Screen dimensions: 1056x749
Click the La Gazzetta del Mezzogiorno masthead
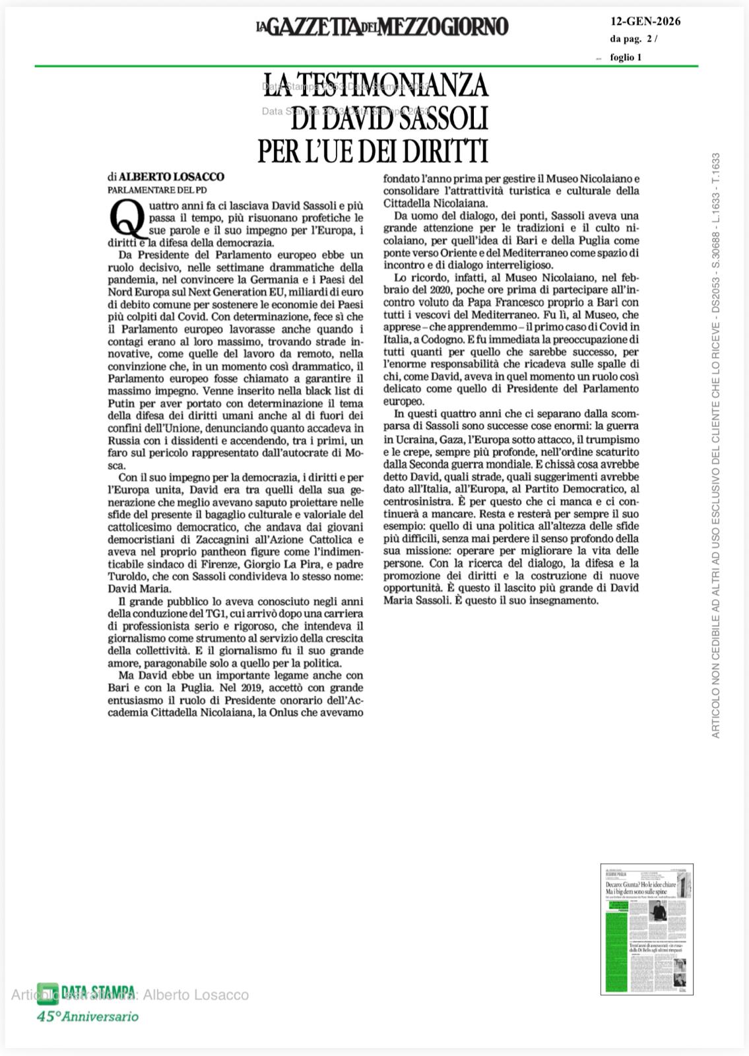point(382,27)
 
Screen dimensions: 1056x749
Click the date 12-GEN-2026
point(645,21)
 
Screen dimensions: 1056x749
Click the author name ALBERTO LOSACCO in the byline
point(172,177)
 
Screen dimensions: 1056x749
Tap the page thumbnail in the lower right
point(647,929)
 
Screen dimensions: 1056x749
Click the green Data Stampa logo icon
point(47,993)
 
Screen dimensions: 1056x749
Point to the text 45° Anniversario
point(87,1016)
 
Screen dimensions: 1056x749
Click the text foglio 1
point(626,57)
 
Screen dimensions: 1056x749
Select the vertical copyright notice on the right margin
point(715,445)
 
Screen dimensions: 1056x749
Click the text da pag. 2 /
point(634,39)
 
